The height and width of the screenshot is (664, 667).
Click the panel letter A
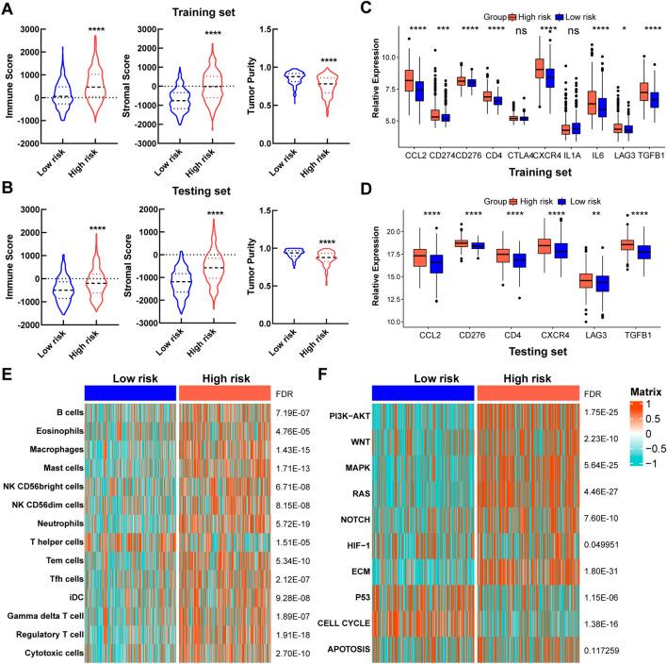click(9, 10)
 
